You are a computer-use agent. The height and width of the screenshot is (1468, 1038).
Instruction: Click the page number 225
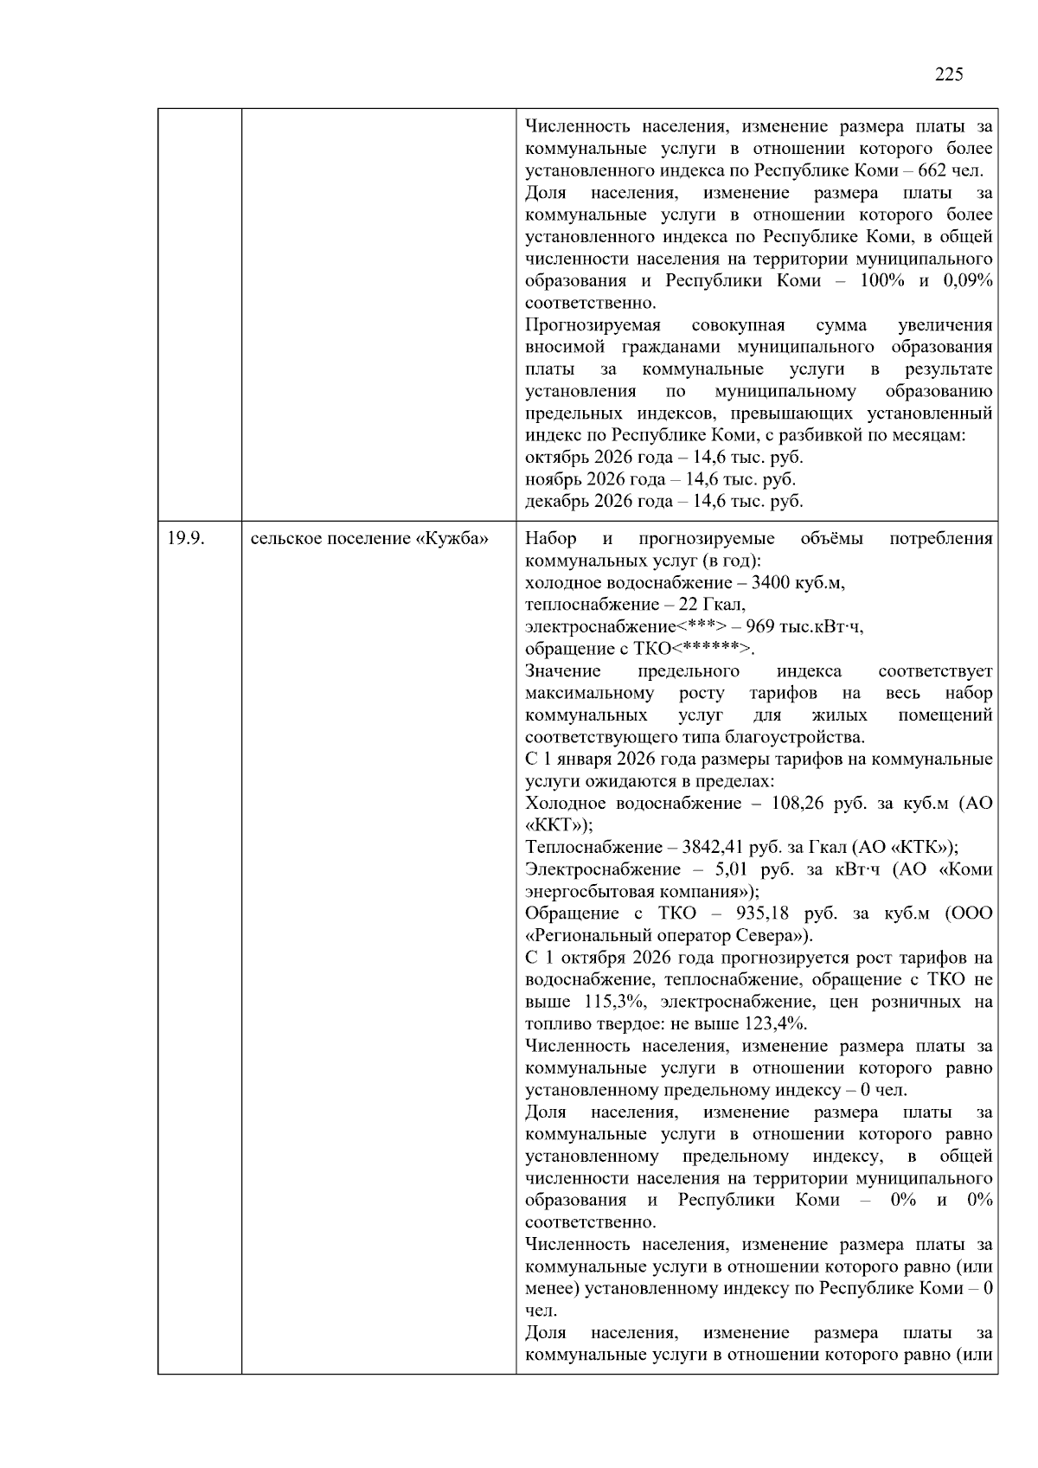pyautogui.click(x=949, y=74)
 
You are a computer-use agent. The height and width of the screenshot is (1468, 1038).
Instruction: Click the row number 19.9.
pyautogui.click(x=185, y=539)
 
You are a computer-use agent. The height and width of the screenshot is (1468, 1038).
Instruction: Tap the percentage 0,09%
pyautogui.click(x=968, y=281)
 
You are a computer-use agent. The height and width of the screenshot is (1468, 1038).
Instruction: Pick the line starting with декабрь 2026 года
pyautogui.click(x=663, y=501)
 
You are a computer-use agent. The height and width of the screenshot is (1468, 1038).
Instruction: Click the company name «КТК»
pyautogui.click(x=926, y=848)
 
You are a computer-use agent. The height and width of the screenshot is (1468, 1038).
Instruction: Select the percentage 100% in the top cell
pyautogui.click(x=882, y=281)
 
